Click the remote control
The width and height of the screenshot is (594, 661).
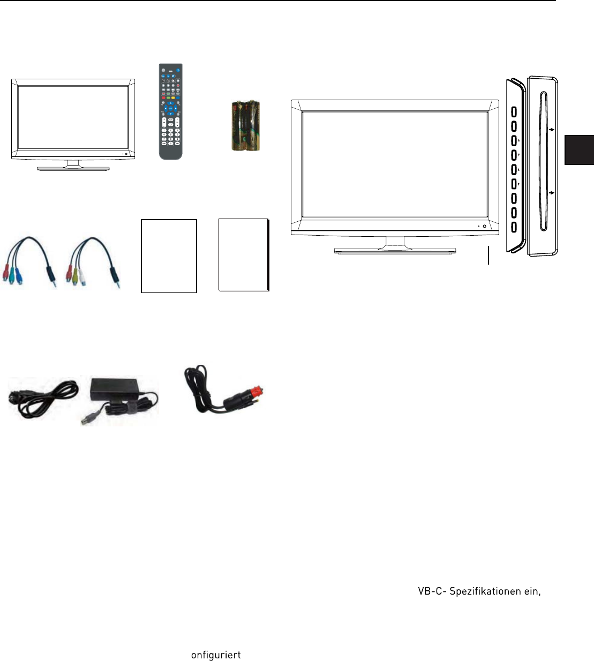[x=170, y=111]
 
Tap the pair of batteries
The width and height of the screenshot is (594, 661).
[x=245, y=125]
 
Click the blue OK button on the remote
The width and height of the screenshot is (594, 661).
[x=170, y=109]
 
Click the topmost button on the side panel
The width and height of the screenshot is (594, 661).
[x=514, y=112]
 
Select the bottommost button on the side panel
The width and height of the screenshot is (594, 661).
[x=514, y=227]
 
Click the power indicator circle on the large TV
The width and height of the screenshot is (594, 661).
[x=485, y=227]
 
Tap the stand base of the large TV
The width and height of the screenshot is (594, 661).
[x=395, y=250]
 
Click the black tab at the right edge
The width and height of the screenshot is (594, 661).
[x=579, y=149]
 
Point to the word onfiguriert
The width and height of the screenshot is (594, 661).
[x=216, y=655]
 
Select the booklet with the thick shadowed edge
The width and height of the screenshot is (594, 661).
[x=244, y=255]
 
